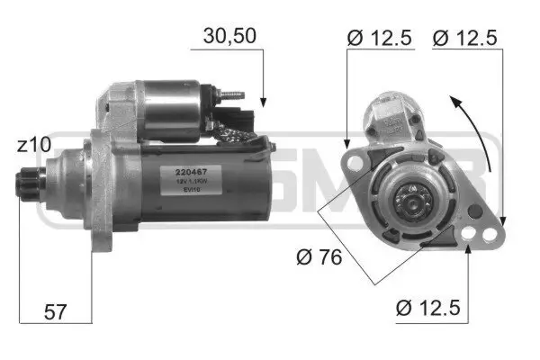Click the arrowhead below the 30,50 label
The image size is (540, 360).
[x=264, y=101]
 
